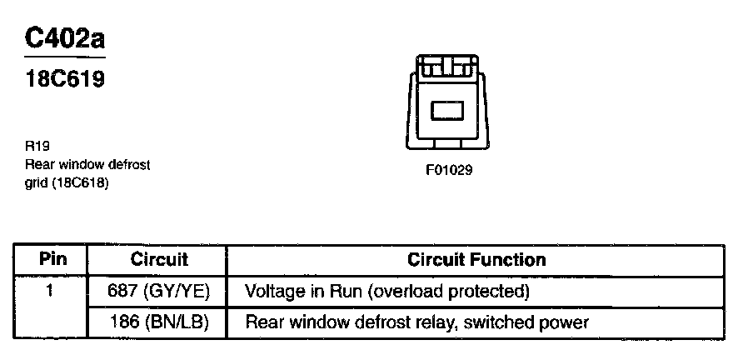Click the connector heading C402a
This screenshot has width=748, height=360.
point(66,38)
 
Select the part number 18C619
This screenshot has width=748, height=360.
point(64,82)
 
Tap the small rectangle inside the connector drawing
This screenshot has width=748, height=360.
point(448,108)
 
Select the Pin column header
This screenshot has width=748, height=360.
point(52,260)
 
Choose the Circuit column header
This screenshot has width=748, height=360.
point(159,260)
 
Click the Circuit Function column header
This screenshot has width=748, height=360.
point(476,260)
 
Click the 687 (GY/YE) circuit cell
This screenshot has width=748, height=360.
point(159,292)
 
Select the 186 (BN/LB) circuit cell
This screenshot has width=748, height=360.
point(159,322)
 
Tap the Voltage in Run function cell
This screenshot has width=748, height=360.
point(387,292)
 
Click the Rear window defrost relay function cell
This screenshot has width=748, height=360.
point(416,322)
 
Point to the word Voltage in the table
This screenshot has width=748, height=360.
point(274,292)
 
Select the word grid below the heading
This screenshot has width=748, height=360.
point(37,182)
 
